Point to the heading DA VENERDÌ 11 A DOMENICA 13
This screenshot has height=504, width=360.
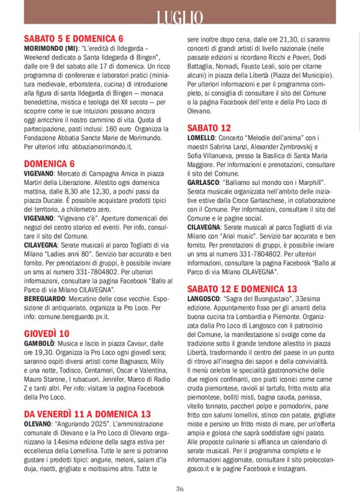(x=87, y=413)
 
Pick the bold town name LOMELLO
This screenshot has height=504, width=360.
(x=201, y=137)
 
